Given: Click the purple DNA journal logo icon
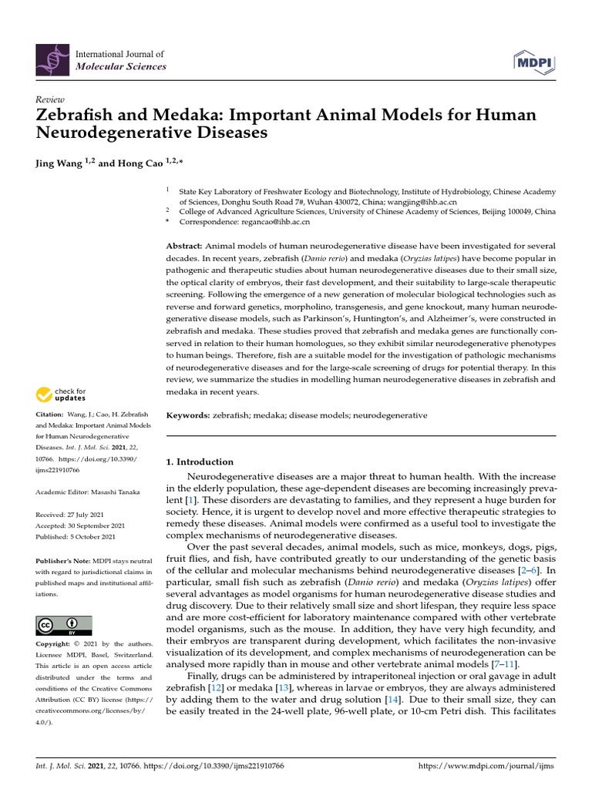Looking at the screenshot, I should [x=52, y=60].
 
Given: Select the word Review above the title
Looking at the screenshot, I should [x=50, y=100].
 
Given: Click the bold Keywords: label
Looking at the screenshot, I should [x=189, y=415].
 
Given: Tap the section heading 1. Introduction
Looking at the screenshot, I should [x=200, y=462].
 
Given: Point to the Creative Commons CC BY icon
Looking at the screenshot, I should [x=64, y=625].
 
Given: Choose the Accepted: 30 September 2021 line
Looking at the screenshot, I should [x=81, y=525].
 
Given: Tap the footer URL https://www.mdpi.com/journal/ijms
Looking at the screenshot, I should [x=486, y=767].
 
